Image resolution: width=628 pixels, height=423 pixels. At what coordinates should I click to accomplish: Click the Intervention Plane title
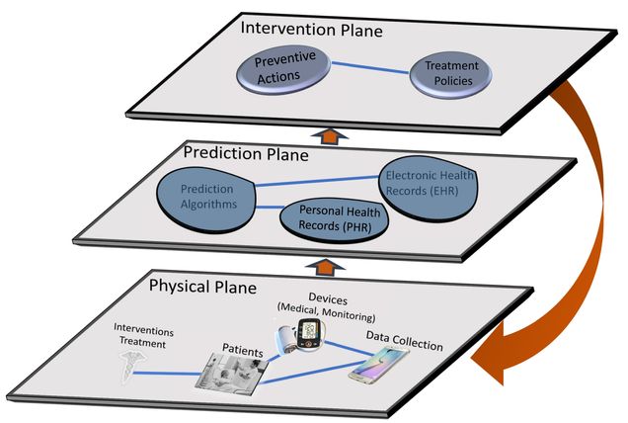pyautogui.click(x=312, y=29)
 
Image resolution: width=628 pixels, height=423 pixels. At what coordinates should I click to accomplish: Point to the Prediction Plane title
pyautogui.click(x=247, y=153)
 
